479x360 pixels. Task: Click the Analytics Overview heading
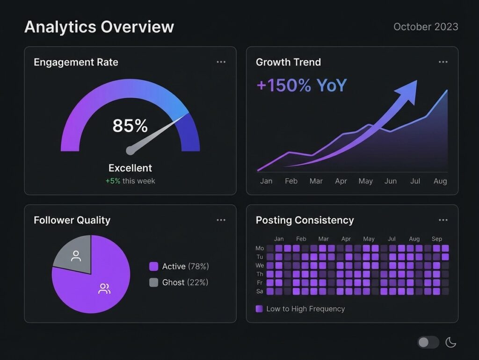click(99, 27)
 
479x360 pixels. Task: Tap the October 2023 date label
click(426, 27)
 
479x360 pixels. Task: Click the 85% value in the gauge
click(130, 126)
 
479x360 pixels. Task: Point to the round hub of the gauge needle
click(130, 151)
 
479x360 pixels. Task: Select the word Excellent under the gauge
click(130, 168)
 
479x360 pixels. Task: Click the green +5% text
click(113, 181)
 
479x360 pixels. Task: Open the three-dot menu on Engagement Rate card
click(221, 62)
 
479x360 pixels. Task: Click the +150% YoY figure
click(302, 86)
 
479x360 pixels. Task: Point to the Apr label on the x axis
click(341, 181)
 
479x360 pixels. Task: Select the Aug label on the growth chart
click(440, 181)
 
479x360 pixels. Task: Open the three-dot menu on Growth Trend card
click(443, 62)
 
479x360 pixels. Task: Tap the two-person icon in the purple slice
click(104, 289)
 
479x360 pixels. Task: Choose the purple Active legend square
click(153, 266)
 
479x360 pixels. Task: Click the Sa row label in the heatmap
click(260, 291)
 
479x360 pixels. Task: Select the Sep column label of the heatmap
click(436, 239)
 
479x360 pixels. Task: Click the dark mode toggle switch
click(428, 342)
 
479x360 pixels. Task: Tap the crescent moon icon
click(450, 342)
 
